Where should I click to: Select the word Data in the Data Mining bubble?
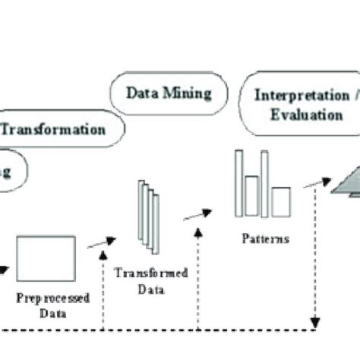point(141,93)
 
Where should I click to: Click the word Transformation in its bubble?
point(53,129)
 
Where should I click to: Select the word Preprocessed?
point(52,297)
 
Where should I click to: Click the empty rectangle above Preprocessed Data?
point(46,258)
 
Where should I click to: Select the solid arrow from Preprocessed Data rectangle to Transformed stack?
point(101,242)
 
